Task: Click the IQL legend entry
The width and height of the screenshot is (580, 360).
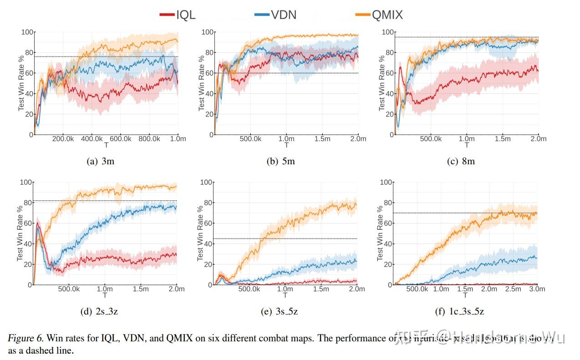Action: pyautogui.click(x=178, y=15)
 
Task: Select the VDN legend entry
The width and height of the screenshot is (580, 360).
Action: pyautogui.click(x=275, y=15)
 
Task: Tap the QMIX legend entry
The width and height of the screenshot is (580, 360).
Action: pyautogui.click(x=379, y=15)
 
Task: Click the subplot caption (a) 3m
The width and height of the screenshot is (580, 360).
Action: pyautogui.click(x=100, y=161)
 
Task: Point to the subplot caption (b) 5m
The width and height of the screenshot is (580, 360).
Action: pyautogui.click(x=280, y=161)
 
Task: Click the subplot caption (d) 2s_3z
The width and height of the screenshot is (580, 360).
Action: pyautogui.click(x=100, y=311)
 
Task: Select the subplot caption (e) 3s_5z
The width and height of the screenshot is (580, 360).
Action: pyautogui.click(x=280, y=311)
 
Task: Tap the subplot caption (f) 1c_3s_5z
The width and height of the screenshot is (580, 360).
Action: pyautogui.click(x=461, y=311)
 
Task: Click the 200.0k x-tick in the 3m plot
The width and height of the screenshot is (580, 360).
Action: pyautogui.click(x=63, y=138)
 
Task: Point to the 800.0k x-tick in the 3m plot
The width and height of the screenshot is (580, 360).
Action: pyautogui.click(x=149, y=138)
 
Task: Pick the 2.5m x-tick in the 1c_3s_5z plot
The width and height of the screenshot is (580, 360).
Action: pyautogui.click(x=514, y=289)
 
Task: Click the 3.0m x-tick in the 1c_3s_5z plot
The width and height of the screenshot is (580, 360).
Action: pyautogui.click(x=538, y=289)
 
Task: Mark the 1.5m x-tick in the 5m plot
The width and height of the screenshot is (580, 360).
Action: pyautogui.click(x=322, y=138)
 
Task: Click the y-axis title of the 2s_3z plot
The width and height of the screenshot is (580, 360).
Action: pyautogui.click(x=21, y=233)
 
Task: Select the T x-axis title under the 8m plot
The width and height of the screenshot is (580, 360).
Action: pyautogui.click(x=466, y=145)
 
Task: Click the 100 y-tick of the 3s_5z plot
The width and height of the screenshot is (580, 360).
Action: pyautogui.click(x=207, y=183)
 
